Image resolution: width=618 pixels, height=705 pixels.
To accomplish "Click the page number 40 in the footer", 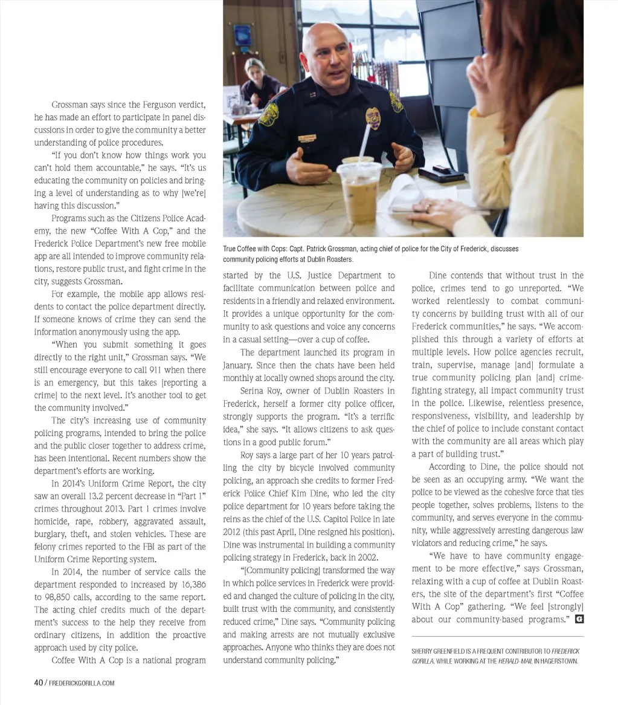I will (37, 683).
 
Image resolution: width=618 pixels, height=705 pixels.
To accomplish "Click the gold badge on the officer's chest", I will (373, 118).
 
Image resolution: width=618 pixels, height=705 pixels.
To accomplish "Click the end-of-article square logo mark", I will (579, 619).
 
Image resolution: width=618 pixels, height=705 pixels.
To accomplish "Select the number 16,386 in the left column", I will (191, 585).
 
